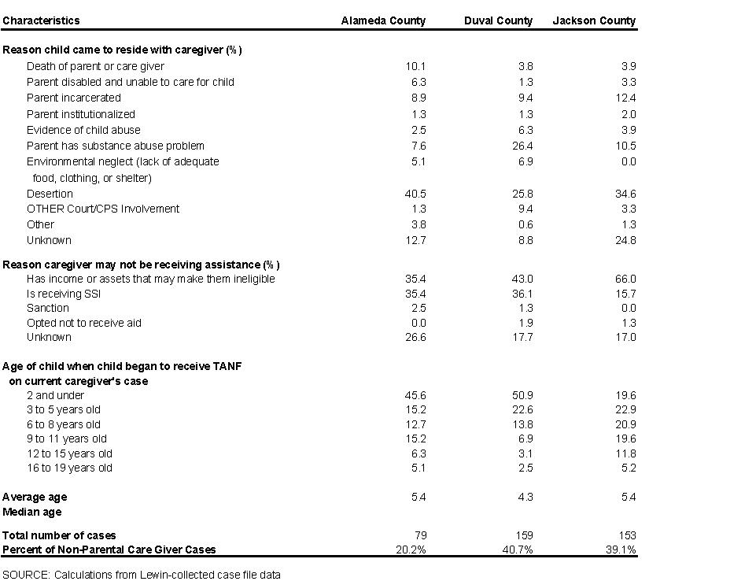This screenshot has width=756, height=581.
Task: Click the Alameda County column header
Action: pos(383,20)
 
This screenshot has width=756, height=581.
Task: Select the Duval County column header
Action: pos(498,20)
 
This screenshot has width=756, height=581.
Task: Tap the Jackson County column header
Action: pos(594,20)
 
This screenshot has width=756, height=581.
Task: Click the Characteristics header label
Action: pos(41,20)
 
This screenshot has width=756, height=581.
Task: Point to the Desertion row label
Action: pos(50,194)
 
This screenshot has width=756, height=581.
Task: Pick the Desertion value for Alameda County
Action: pos(415,194)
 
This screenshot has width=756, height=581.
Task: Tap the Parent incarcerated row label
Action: pos(74,98)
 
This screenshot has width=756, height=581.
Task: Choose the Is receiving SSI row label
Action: pos(64,294)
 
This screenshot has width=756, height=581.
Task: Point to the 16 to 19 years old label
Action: pos(69,468)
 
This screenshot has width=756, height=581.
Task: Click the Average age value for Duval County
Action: pos(525,497)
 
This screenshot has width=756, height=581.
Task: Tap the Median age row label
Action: pos(32,512)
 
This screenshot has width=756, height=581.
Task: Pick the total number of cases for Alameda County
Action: pos(419,535)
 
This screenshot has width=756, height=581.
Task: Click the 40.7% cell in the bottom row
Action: pos(518,550)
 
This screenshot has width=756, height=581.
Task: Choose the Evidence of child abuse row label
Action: pos(83,130)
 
